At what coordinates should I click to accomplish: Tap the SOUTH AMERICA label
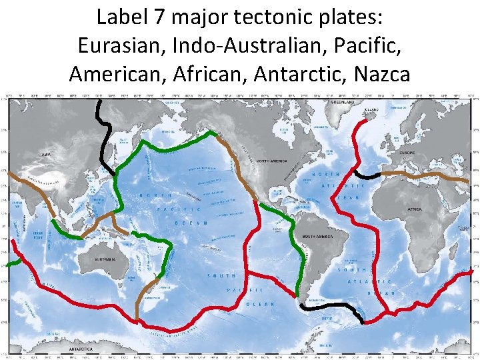click(318, 236)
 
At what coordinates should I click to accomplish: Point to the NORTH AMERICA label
click(269, 160)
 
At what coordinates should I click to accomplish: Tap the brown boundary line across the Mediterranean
click(427, 175)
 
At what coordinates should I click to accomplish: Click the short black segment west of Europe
click(371, 175)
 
